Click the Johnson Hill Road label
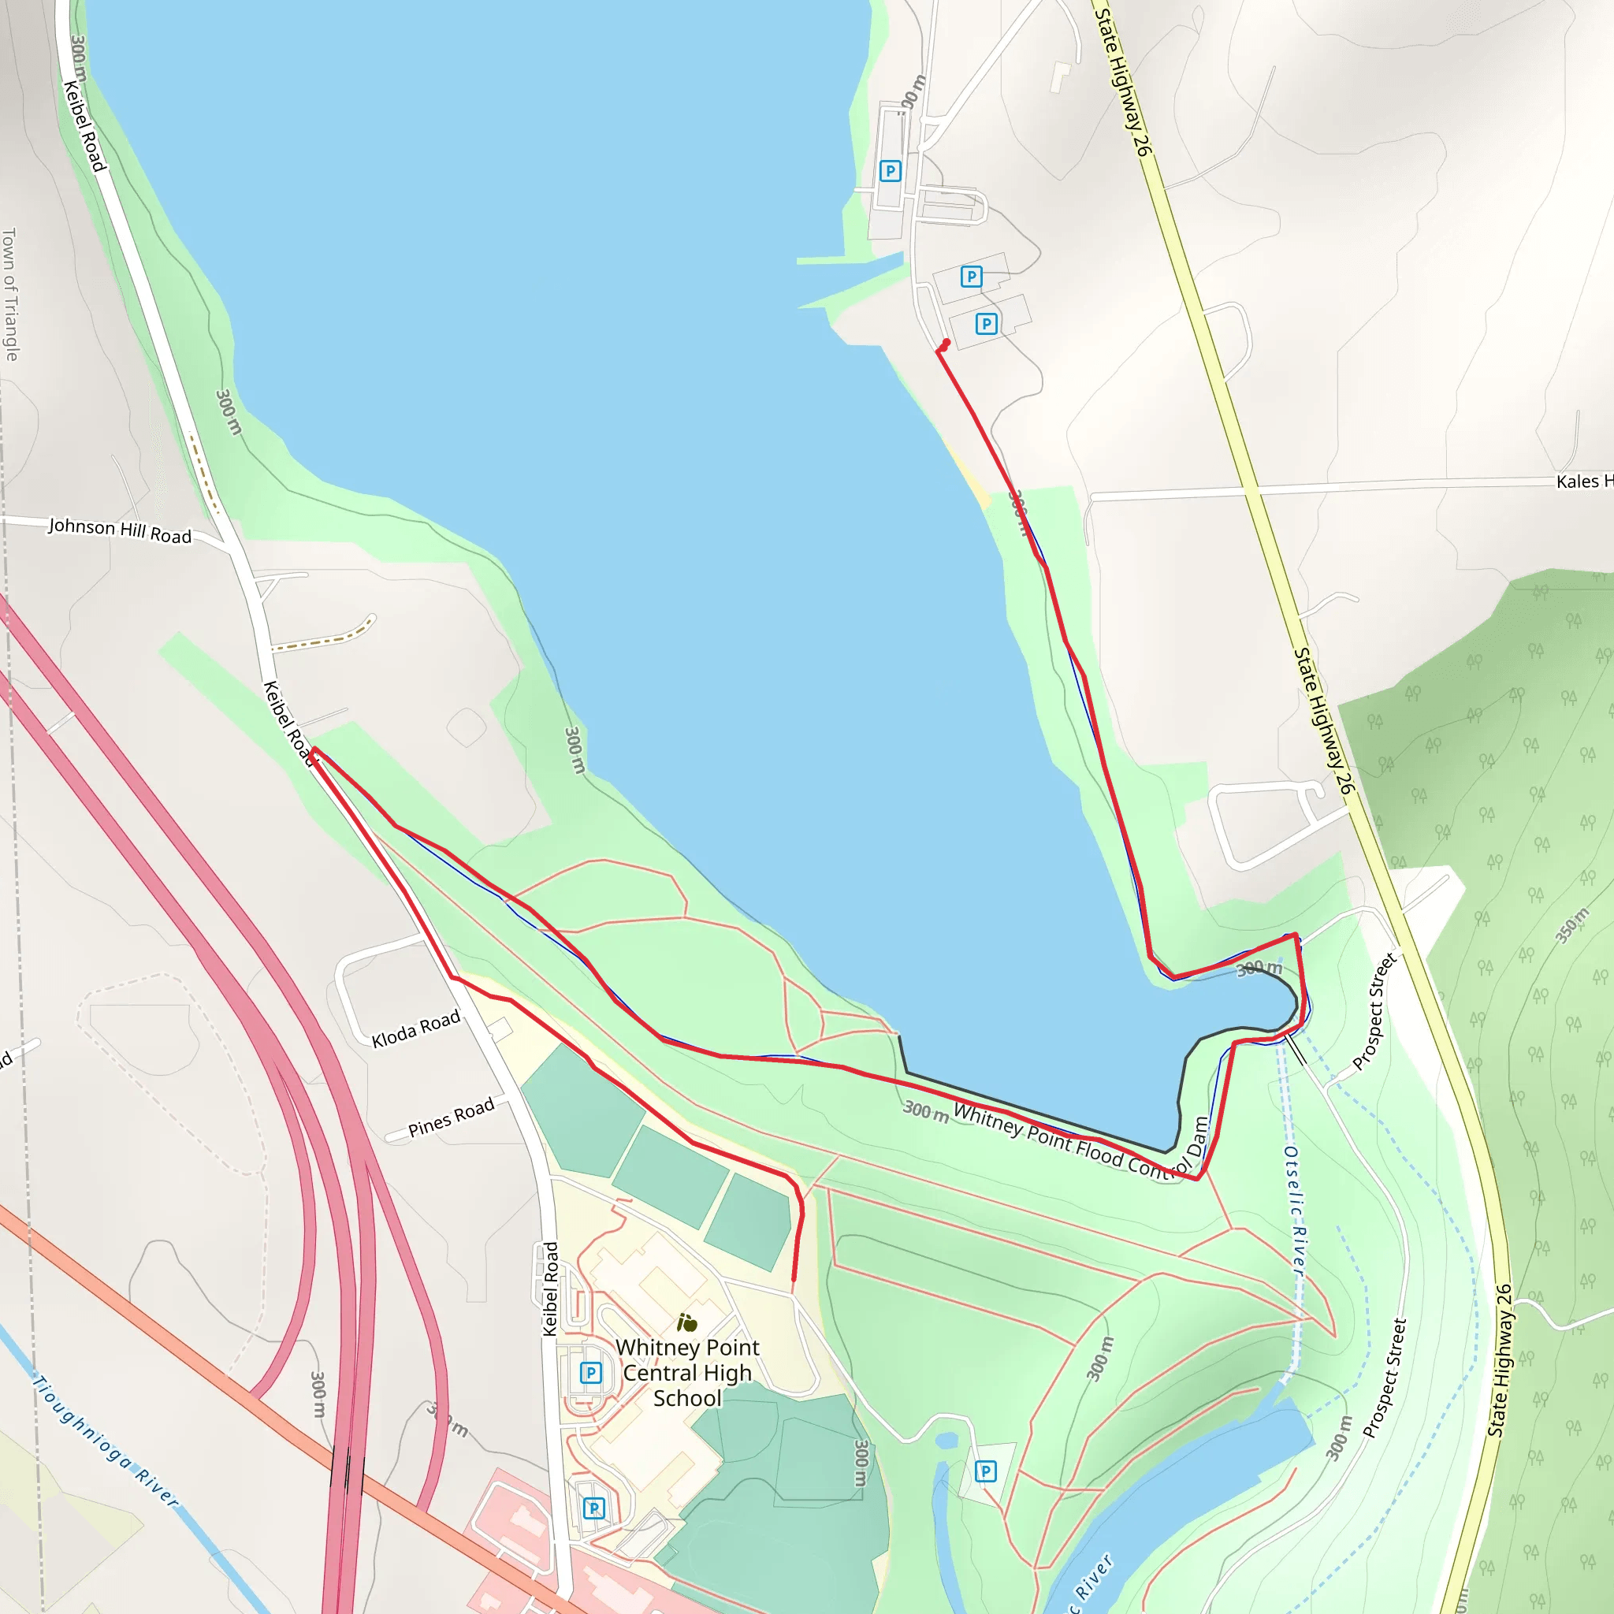click(x=120, y=530)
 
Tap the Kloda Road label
click(x=415, y=1028)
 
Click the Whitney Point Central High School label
click(x=687, y=1373)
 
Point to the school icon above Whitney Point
click(x=686, y=1322)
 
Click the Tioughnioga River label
click(x=106, y=1441)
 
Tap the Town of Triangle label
click(x=10, y=294)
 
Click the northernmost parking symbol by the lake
click(x=891, y=171)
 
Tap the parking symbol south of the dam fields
click(x=986, y=1471)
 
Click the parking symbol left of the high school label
click(x=590, y=1373)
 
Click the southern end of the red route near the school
click(x=794, y=1279)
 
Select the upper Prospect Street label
click(x=1374, y=1012)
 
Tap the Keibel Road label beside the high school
click(x=550, y=1289)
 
